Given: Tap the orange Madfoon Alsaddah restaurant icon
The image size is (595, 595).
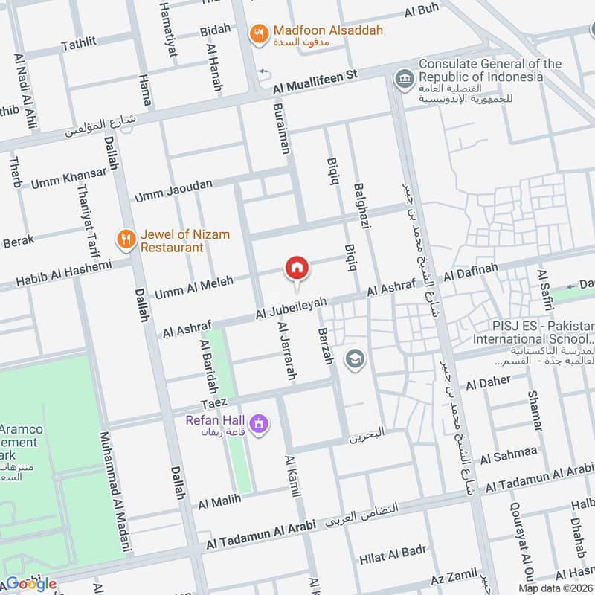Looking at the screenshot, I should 260,33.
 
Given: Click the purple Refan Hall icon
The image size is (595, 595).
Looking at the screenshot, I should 260,424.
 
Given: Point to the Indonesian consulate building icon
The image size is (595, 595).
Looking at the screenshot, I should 405,78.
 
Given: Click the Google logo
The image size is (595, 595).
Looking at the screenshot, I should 30,584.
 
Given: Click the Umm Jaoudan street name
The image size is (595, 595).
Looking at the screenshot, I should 173,190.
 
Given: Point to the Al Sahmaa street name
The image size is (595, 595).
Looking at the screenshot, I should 509,453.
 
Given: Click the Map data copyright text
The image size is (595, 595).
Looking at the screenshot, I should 555,588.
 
